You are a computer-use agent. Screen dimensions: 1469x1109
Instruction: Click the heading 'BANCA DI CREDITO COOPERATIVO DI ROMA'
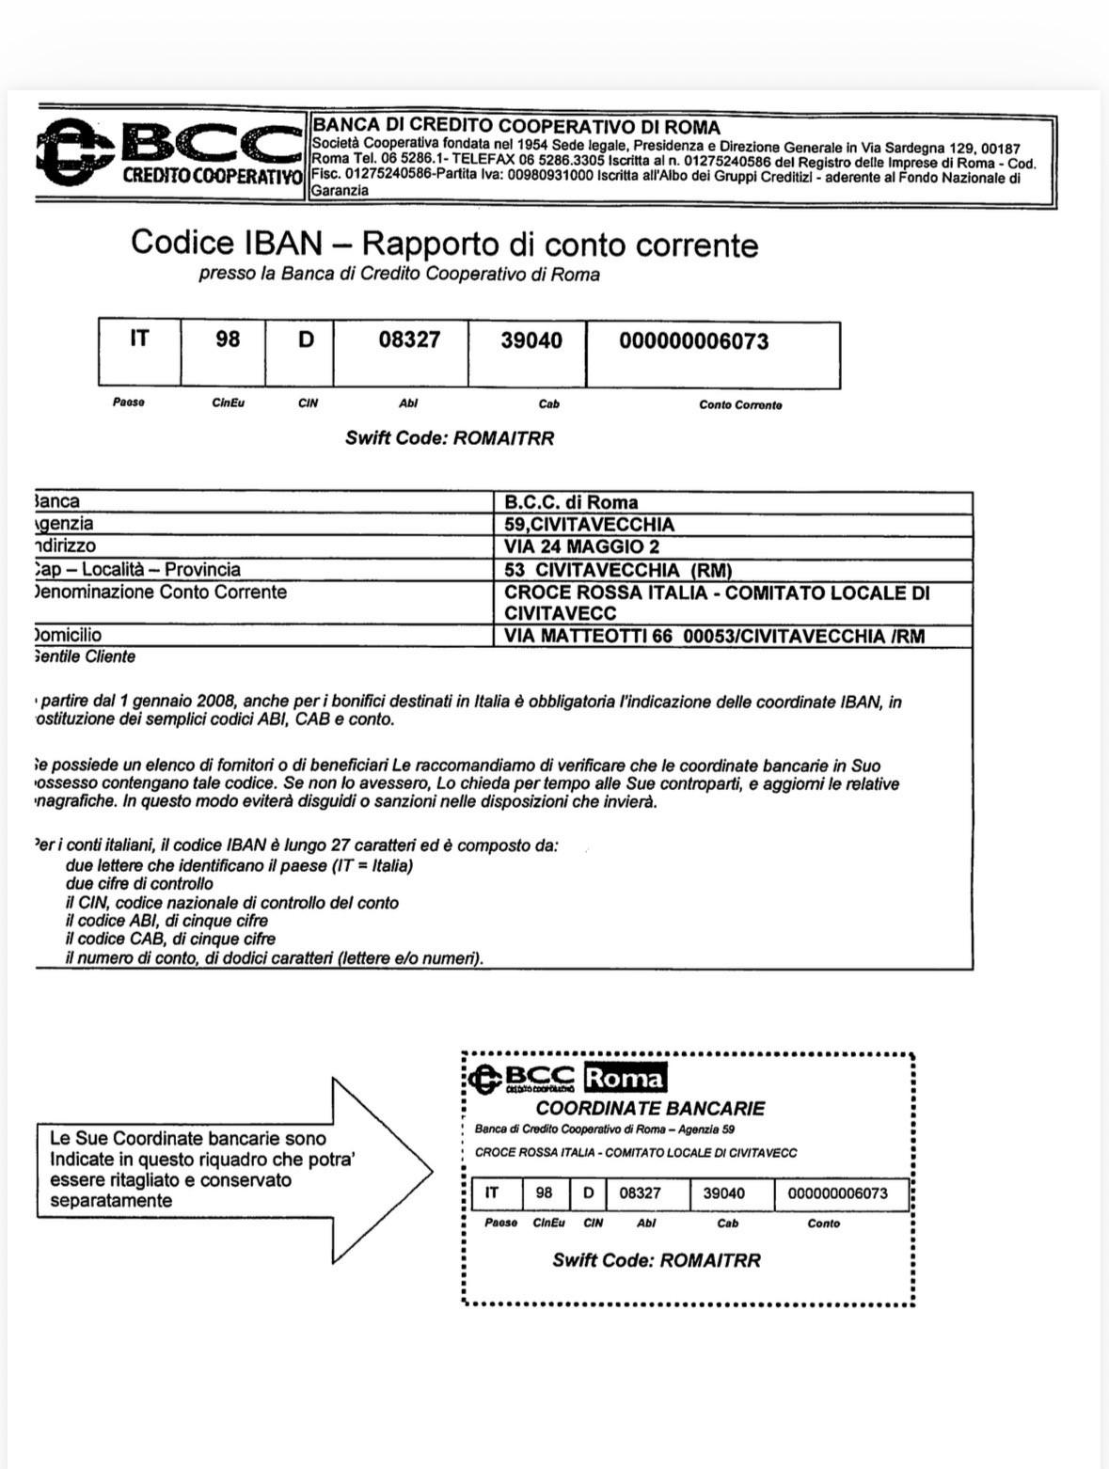click(515, 126)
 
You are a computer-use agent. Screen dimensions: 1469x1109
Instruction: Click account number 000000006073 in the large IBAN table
click(694, 341)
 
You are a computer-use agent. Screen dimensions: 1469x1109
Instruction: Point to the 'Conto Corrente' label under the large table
click(740, 405)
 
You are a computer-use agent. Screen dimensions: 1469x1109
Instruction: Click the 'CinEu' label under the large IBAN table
click(229, 403)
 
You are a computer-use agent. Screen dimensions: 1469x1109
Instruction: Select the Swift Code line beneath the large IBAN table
click(450, 438)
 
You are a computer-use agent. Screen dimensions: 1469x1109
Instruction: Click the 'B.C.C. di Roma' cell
click(571, 502)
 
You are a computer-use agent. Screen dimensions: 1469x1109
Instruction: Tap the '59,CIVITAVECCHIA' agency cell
click(590, 525)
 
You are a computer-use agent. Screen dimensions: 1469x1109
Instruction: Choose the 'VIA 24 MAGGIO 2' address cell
click(582, 546)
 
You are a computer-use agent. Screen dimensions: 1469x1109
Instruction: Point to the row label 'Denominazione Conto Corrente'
click(160, 592)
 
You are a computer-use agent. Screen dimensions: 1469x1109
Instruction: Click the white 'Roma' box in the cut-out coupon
click(626, 1079)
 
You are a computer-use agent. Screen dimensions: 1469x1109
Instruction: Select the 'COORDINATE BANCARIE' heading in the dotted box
click(650, 1109)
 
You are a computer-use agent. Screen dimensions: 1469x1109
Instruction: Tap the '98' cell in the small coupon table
click(545, 1193)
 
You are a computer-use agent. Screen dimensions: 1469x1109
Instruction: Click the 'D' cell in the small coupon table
click(589, 1193)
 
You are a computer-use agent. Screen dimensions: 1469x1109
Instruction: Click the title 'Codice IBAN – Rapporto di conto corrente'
click(444, 244)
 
